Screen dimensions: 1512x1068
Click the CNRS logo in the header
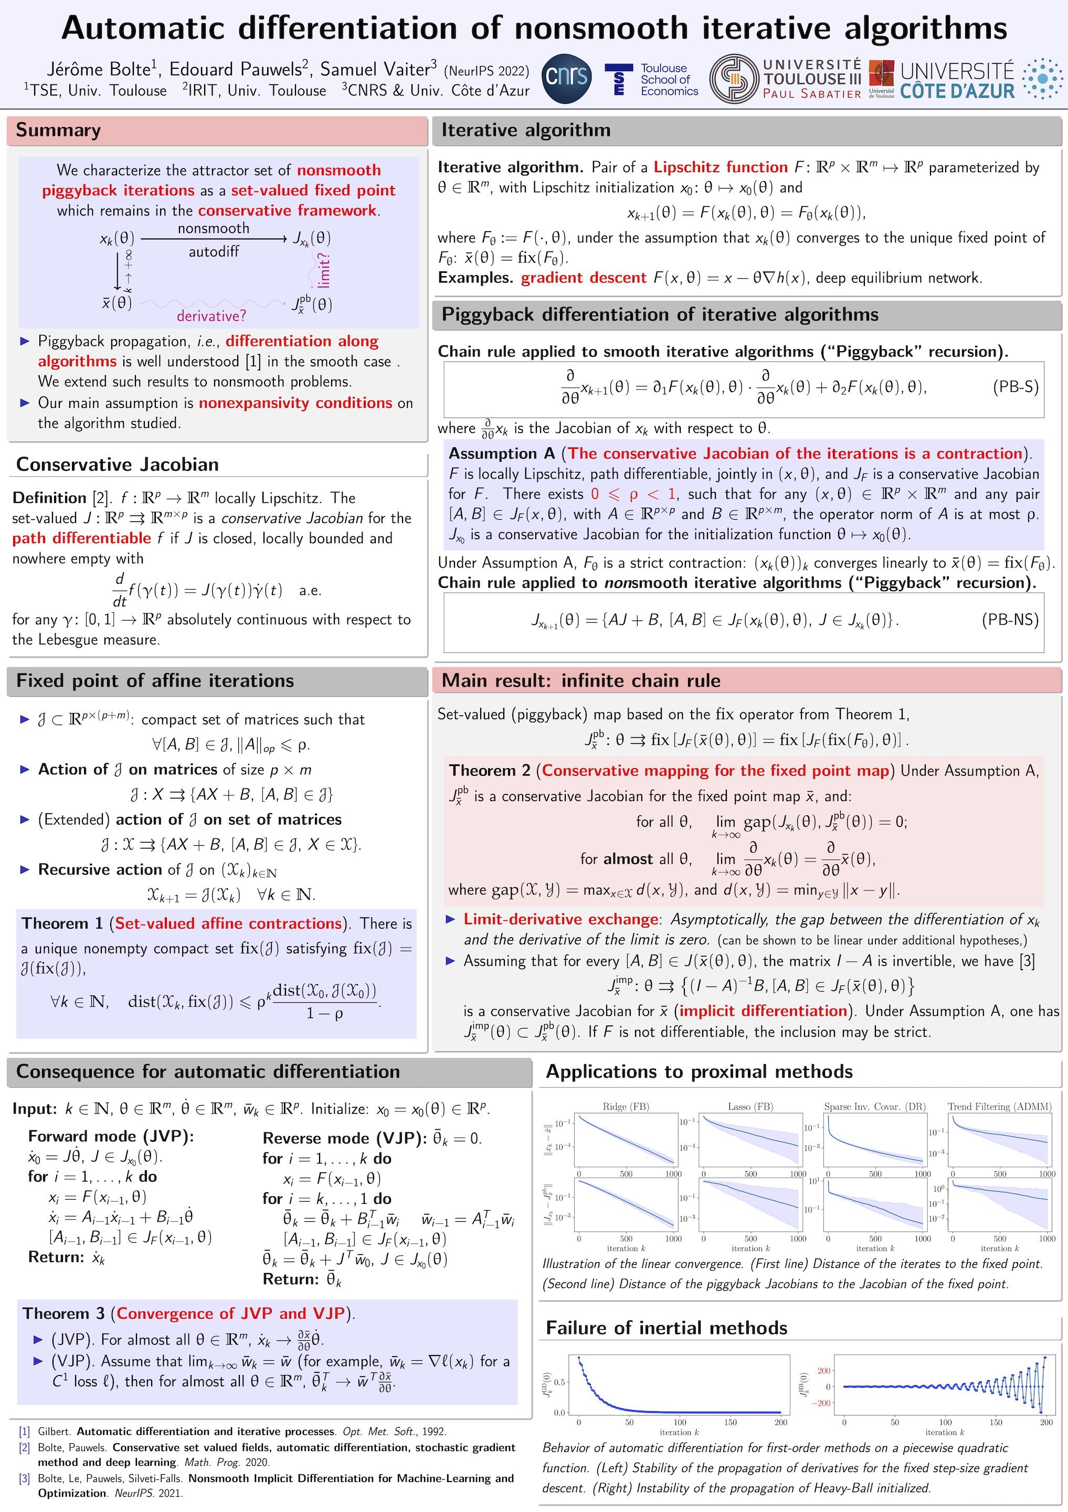(567, 78)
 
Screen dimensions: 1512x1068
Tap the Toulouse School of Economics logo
(651, 80)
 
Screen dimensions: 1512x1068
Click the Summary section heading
(59, 130)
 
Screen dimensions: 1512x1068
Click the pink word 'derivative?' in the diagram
(210, 316)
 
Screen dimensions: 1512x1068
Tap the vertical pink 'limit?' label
(323, 269)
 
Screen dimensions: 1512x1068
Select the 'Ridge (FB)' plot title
(626, 1106)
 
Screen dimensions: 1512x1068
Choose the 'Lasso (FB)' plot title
(750, 1106)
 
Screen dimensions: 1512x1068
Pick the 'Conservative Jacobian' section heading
(117, 464)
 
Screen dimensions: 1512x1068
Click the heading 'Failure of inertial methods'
(667, 1328)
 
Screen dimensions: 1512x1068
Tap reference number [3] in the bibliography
(24, 1478)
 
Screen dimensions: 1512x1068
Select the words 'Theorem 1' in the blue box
(62, 923)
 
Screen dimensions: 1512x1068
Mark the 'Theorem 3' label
(63, 1313)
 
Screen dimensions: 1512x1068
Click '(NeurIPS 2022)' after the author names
(486, 71)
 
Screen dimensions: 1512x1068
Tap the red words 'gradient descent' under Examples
(584, 278)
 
